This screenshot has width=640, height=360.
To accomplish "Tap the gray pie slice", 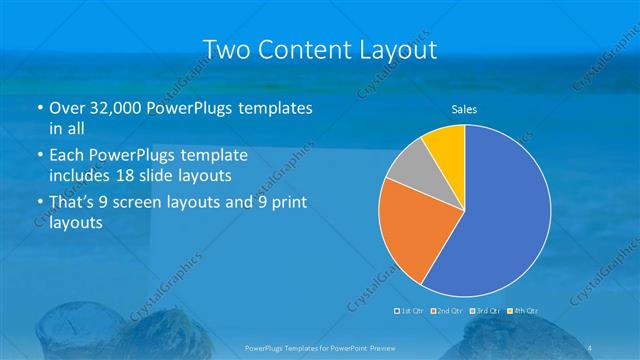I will point(409,166).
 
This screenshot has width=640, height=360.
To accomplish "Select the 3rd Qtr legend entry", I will point(487,310).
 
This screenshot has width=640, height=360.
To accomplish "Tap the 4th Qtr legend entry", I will point(523,310).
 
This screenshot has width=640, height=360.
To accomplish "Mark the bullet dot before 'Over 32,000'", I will point(38,108).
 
